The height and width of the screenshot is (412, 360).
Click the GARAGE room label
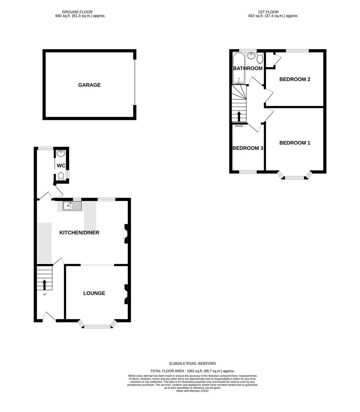pos(89,85)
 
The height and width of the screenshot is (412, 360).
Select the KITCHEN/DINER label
pos(79,232)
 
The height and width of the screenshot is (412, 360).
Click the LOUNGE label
pos(94,293)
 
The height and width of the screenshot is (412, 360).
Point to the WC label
pos(61,166)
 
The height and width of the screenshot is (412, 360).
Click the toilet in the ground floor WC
pos(61,177)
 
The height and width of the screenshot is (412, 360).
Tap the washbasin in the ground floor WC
pos(61,154)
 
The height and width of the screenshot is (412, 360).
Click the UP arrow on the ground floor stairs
pos(44,285)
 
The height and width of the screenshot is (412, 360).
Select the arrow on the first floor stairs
pos(239,116)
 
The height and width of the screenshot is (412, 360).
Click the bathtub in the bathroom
pos(238,69)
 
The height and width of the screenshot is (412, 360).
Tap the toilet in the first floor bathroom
pos(260,58)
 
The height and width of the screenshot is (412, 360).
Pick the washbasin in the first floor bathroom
pos(251,56)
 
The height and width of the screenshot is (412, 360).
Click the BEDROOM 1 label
pos(295,143)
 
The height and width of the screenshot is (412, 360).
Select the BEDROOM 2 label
pos(295,79)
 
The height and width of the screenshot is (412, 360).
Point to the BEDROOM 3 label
pos(248,148)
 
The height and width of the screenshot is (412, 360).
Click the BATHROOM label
pos(248,69)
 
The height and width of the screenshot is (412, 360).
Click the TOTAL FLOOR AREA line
pos(192,371)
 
